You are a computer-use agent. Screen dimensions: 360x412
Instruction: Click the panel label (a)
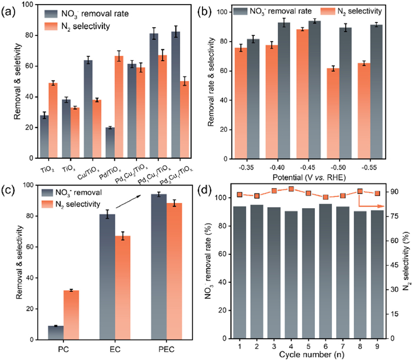coord(11,9)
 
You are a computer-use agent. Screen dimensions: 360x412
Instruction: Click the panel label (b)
coord(215,9)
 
